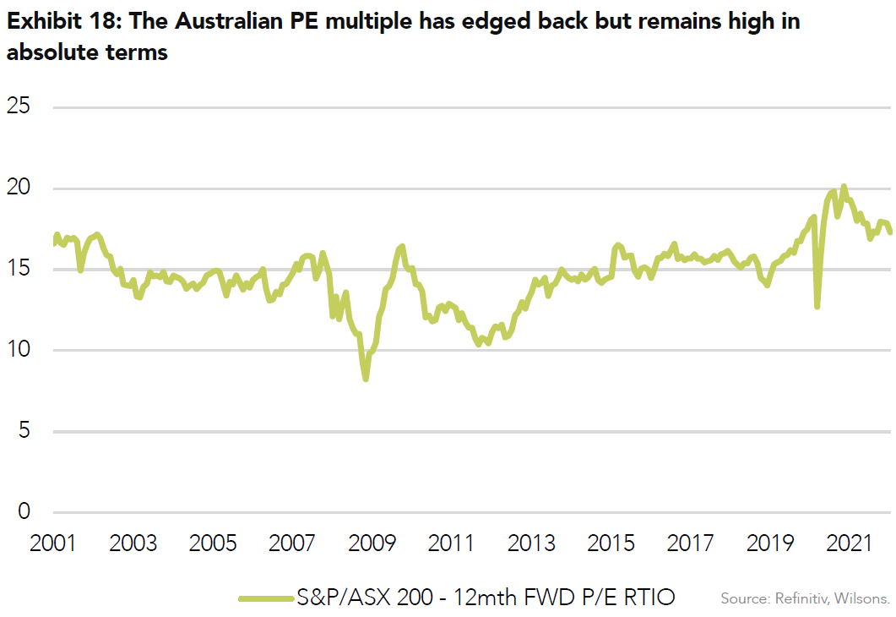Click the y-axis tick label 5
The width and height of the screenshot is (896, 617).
point(24,432)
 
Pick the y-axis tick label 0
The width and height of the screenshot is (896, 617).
point(24,512)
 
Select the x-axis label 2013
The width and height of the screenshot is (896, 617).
point(532,543)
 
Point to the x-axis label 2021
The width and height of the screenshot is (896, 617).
point(851,543)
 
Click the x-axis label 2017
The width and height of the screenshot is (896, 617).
point(692,543)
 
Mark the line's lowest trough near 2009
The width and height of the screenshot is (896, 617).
point(366,379)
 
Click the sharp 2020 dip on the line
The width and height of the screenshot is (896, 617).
point(817,306)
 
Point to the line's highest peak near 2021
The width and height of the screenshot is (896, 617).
point(844,187)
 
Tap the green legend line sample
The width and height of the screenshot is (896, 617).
point(266,598)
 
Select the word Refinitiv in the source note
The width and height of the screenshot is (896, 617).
point(802,598)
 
